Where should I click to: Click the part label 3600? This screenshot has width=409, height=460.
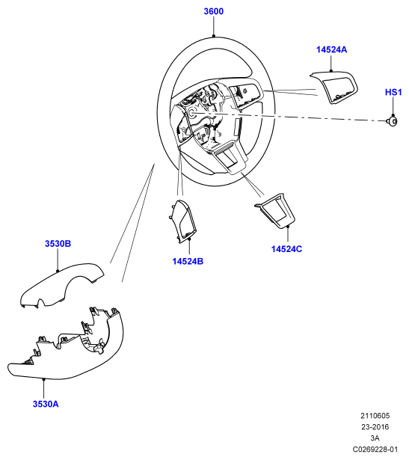coord(213,11)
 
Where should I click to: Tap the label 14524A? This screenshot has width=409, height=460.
coord(331,49)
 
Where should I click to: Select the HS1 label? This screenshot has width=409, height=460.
coord(393,92)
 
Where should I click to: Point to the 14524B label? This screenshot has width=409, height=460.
coord(188,261)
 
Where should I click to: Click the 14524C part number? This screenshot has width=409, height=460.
coord(286,249)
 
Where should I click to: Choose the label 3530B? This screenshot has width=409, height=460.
coord(58,244)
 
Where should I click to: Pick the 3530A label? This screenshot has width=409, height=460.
coord(46,404)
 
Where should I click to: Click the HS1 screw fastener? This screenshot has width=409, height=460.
coord(392,121)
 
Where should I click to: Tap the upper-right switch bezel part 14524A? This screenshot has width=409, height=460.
coord(334,87)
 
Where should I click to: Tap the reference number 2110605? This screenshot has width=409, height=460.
coord(375,416)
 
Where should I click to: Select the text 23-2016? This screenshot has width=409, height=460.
coord(375,427)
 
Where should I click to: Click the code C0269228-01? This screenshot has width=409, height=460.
coord(375,449)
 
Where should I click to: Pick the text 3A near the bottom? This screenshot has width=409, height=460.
coord(375,438)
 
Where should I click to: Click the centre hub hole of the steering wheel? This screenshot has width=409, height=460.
coord(194,113)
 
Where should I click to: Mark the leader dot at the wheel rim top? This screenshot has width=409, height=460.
coord(214,36)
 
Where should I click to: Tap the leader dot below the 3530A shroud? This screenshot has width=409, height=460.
coord(43,379)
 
